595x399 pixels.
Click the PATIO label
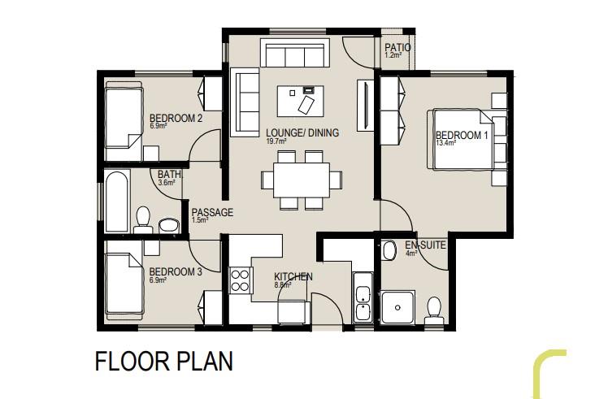(397, 48)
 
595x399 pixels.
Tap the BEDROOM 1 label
(462, 135)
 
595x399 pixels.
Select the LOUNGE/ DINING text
(302, 132)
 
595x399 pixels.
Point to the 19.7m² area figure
(276, 141)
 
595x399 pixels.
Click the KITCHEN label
(293, 277)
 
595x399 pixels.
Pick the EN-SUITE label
(425, 245)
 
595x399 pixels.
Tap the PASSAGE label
(212, 212)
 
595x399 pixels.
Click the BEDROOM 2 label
(176, 119)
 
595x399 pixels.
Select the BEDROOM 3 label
(176, 272)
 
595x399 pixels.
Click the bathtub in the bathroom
(117, 201)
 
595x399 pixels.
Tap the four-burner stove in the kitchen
(241, 280)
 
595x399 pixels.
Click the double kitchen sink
(363, 297)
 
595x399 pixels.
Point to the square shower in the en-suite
(397, 307)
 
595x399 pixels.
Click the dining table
(302, 180)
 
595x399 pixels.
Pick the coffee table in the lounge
(301, 101)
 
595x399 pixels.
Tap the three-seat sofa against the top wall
(294, 53)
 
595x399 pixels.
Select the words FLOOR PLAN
(163, 361)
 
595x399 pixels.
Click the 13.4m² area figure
(445, 143)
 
